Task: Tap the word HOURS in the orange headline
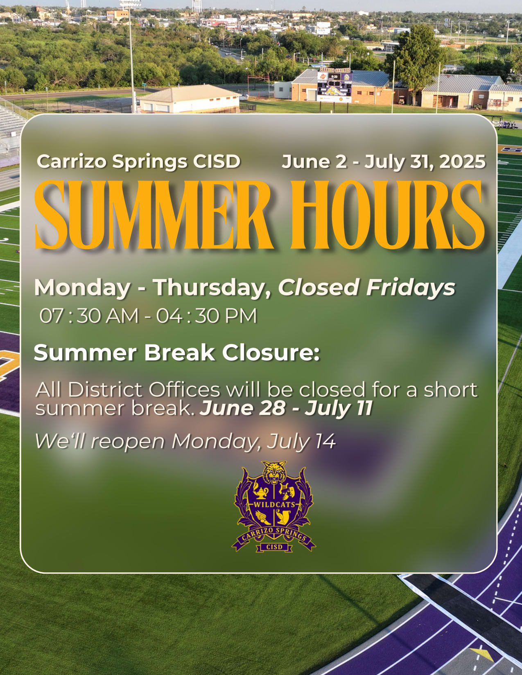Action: point(387,215)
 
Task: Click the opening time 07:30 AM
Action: point(89,316)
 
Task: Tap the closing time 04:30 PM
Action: point(206,316)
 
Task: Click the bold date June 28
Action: point(242,408)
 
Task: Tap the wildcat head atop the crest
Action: point(274,472)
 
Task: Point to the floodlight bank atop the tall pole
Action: point(130,4)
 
